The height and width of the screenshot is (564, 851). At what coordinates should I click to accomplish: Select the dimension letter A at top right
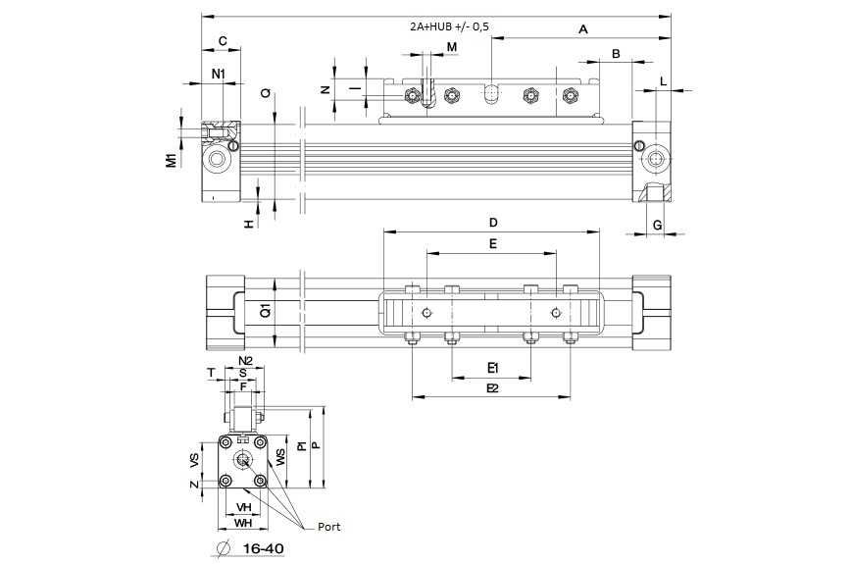[x=582, y=29]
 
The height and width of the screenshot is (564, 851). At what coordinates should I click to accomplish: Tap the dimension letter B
[x=616, y=53]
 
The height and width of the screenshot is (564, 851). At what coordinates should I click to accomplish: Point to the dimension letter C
[x=222, y=41]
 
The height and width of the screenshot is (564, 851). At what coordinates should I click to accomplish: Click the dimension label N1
[x=219, y=75]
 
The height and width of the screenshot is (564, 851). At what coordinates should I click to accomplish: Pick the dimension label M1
[x=171, y=159]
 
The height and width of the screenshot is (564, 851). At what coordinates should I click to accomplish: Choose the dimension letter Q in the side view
[x=266, y=94]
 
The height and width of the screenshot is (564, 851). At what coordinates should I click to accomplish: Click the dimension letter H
[x=249, y=225]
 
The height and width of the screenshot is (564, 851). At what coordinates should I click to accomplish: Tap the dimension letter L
[x=664, y=80]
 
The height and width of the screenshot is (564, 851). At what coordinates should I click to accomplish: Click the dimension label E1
[x=493, y=368]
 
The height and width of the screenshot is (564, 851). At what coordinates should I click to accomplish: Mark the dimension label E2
[x=493, y=388]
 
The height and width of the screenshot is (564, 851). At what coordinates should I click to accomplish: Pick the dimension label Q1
[x=265, y=312]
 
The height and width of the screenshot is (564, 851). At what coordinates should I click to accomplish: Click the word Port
[x=327, y=527]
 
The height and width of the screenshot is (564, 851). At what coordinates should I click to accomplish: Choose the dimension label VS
[x=194, y=460]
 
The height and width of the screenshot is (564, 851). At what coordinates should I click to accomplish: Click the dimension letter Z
[x=194, y=483]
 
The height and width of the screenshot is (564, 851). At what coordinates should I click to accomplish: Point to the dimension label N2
[x=246, y=361]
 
